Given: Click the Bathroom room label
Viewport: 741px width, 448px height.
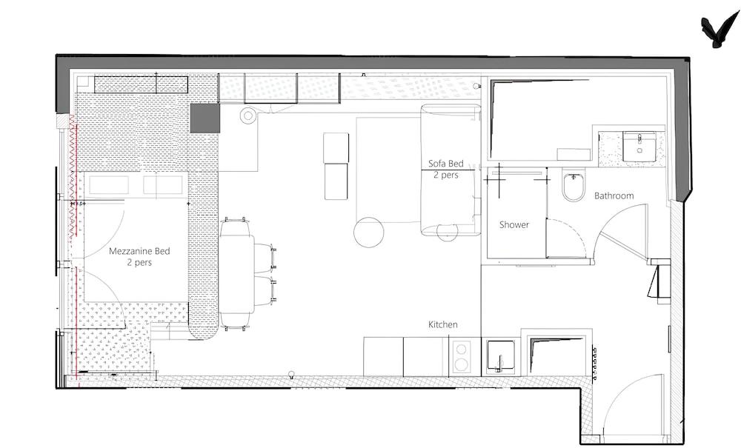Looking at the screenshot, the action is [x=614, y=195].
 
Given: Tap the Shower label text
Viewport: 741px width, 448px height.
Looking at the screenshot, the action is [x=514, y=224].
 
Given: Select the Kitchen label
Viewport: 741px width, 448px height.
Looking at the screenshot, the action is [x=443, y=324].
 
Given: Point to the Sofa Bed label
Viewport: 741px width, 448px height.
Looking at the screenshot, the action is [x=445, y=164].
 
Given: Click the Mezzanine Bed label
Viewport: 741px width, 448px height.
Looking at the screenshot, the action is [x=139, y=251].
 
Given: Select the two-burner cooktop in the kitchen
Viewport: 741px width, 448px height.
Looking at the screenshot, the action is [x=461, y=356].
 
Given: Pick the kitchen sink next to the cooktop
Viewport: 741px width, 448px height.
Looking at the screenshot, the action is [x=501, y=356].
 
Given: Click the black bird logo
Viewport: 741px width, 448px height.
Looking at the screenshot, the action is [x=720, y=30].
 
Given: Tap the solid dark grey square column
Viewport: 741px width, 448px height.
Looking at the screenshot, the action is [x=205, y=118].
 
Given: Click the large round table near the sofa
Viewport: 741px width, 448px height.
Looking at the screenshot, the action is [x=368, y=232].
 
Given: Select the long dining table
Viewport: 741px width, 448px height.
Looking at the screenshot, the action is [x=237, y=274].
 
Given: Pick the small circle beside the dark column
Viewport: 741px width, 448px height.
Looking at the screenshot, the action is [x=247, y=116].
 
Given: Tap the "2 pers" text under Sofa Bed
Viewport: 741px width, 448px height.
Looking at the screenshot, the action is [x=445, y=175].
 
